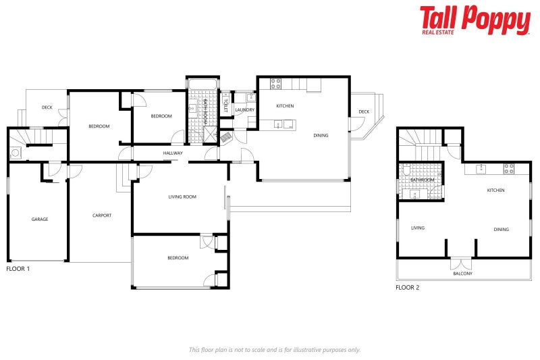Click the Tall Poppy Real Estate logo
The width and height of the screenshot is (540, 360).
point(475,20)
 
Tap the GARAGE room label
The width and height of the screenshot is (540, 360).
point(40,219)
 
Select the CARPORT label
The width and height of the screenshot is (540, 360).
point(102,215)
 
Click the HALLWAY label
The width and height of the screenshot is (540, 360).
point(173,153)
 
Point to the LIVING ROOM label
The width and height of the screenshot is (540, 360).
point(182,197)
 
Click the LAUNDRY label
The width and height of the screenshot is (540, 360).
point(244,109)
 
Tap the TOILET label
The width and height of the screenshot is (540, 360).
point(225,104)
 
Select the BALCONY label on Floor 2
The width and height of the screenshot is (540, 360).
point(462,274)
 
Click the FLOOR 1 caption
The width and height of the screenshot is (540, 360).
point(18,269)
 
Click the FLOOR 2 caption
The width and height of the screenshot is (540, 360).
point(408,288)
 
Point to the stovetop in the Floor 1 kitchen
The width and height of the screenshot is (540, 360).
point(275,84)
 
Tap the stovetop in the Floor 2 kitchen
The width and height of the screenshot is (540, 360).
point(508,168)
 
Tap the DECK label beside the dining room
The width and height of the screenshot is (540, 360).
point(364,111)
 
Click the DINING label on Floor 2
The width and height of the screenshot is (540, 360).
point(501,230)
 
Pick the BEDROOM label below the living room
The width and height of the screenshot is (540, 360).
point(178,258)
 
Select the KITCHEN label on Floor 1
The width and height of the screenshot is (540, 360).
point(285,106)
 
